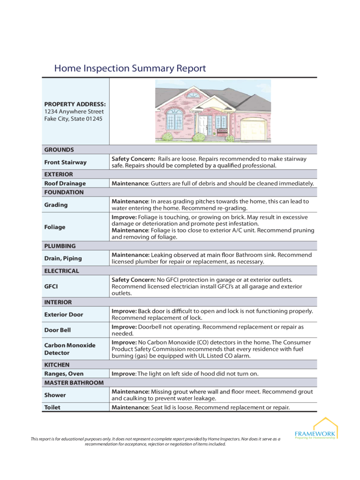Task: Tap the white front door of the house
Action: pyautogui.click(x=202, y=126)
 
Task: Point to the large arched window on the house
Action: pyautogui.click(x=174, y=119)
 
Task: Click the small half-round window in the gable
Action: pyautogui.click(x=193, y=94)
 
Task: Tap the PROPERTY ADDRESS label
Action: pyautogui.click(x=75, y=104)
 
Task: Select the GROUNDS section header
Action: pyautogui.click(x=59, y=150)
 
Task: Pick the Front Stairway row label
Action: pyautogui.click(x=65, y=162)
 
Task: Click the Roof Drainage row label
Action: pyautogui.click(x=65, y=183)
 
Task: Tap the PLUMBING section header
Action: pyautogui.click(x=60, y=246)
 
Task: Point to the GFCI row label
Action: pyautogui.click(x=51, y=286)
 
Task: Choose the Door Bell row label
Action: pyautogui.click(x=57, y=330)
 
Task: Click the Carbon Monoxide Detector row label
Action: pyautogui.click(x=69, y=349)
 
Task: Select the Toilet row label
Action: pyautogui.click(x=52, y=407)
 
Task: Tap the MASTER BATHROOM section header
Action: pyautogui.click(x=74, y=382)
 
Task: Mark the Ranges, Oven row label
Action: pyautogui.click(x=64, y=374)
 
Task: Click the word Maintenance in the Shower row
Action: pyautogui.click(x=130, y=391)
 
